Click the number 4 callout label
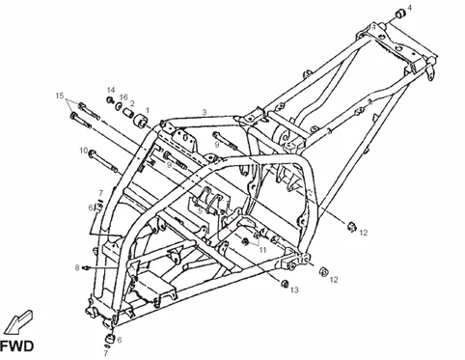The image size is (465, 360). [x=408, y=8]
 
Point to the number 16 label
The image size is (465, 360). [x=123, y=97]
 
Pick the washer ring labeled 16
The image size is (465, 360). [x=122, y=109]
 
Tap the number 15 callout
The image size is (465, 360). [x=60, y=96]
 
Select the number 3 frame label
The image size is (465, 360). [x=205, y=112]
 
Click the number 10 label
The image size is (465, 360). [x=84, y=151]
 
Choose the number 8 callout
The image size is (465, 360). [x=76, y=266]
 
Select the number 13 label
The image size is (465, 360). [x=295, y=289]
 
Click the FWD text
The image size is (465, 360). [x=17, y=344]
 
